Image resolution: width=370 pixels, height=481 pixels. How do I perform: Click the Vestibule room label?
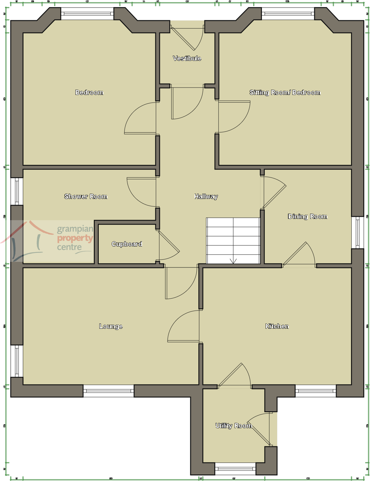pos(187,58)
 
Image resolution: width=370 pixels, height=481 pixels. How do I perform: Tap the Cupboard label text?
pos(127,244)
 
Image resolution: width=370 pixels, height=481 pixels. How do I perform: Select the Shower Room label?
pos(86,196)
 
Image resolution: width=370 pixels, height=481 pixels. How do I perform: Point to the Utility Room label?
pos(234,426)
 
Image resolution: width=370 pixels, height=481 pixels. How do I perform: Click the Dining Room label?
pos(307,217)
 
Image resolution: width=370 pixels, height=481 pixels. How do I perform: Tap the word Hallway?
pos(206,196)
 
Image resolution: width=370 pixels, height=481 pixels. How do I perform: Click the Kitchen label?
pos(277,326)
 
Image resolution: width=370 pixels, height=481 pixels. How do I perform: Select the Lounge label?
pos(111,326)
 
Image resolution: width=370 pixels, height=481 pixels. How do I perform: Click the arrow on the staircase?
pos(233,261)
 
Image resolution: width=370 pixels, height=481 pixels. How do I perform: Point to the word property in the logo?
pos(75,238)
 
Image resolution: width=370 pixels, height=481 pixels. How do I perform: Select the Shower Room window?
pos(17,191)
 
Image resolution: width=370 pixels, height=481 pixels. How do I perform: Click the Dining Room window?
pos(358,232)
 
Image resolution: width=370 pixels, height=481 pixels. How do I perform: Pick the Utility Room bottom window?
pos(235,469)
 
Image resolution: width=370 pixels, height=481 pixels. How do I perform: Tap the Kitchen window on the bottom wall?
pos(315,391)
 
